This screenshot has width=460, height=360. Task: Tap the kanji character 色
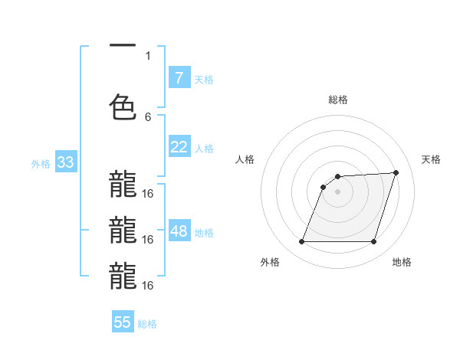pos(123,106)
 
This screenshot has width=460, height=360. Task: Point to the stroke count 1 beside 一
pos(148,55)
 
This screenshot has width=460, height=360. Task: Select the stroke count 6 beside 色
pos(148,116)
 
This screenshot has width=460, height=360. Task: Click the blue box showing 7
pos(179,77)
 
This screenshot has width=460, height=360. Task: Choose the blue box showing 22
pos(179,147)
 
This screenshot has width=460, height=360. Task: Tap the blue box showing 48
pos(179,232)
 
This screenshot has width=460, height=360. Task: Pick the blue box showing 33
pos(64,163)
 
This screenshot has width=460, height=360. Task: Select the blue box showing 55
pos(123,322)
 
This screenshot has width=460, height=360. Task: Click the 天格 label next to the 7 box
pos(204,79)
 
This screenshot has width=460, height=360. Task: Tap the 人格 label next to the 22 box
pos(204,148)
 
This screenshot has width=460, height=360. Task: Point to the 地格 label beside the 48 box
pos(204,233)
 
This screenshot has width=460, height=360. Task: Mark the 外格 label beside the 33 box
pos(41,164)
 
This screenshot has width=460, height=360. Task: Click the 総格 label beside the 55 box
pos(147,324)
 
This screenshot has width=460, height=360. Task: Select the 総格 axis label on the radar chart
pos(337,100)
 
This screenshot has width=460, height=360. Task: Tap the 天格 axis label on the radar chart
pos(431,159)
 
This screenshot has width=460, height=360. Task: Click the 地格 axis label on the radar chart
pos(402,263)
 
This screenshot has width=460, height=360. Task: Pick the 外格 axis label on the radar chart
pos(270,263)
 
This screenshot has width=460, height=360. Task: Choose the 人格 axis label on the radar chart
pos(245,159)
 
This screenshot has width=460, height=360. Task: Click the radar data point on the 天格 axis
pos(396,173)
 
